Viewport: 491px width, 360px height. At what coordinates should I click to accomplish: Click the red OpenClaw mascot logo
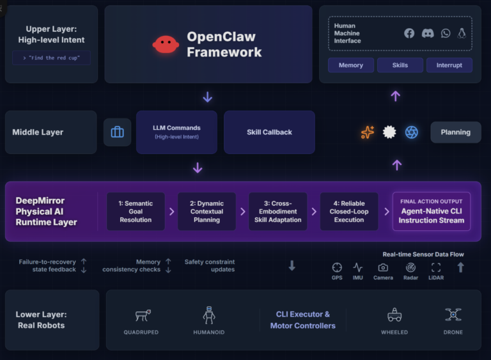tap(166, 44)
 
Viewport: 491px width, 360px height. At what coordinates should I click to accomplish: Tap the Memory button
tap(350, 65)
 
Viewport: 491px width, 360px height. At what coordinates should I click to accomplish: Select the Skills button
tap(400, 65)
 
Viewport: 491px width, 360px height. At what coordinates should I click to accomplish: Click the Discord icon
tap(428, 33)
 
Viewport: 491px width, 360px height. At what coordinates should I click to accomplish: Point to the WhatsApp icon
tap(446, 33)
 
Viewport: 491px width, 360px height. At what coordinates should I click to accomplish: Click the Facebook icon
tap(409, 33)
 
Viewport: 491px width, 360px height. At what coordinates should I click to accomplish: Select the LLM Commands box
tap(176, 132)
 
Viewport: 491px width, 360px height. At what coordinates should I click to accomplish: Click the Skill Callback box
tap(269, 132)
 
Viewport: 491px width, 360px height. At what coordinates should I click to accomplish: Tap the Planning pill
tap(455, 132)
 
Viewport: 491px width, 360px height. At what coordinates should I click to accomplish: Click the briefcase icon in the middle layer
tap(117, 132)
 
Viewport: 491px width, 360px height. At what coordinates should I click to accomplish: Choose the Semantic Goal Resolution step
tap(136, 212)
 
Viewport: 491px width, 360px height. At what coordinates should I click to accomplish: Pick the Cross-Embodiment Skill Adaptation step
tap(277, 212)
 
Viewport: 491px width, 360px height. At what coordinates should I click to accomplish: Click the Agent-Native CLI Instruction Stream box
tap(432, 212)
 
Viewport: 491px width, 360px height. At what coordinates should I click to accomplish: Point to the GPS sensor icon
tap(337, 267)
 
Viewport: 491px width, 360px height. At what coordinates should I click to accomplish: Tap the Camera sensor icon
tap(383, 267)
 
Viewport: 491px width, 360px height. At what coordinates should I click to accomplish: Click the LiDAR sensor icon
tap(436, 267)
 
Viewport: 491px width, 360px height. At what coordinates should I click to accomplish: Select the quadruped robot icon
tap(142, 315)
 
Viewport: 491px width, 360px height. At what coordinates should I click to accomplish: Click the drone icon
tap(453, 315)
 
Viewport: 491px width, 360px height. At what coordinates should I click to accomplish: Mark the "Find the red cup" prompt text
tap(51, 58)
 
